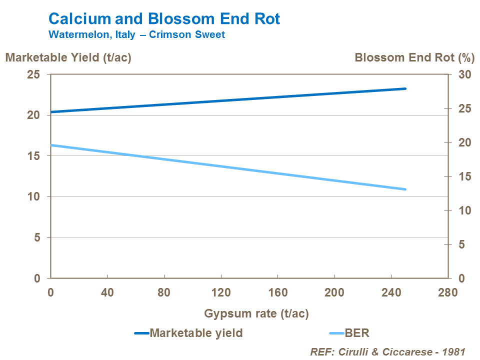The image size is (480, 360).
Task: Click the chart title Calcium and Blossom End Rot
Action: click(x=164, y=19)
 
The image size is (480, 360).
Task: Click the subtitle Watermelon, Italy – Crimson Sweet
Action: click(x=136, y=35)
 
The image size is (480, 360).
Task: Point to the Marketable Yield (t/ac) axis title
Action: click(x=68, y=57)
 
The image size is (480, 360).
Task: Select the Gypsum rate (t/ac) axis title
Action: click(x=256, y=314)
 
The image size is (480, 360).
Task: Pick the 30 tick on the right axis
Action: click(x=465, y=74)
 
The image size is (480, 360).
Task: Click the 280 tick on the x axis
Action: click(x=448, y=292)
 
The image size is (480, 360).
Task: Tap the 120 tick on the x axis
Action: click(x=221, y=292)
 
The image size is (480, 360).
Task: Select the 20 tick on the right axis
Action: click(x=465, y=142)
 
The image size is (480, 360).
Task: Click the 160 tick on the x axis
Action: click(x=277, y=292)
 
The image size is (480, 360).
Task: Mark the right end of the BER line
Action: click(x=405, y=189)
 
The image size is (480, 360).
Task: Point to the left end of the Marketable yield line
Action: click(x=51, y=112)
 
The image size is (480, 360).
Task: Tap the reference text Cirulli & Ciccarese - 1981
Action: click(x=388, y=351)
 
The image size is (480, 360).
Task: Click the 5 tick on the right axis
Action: click(x=465, y=244)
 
